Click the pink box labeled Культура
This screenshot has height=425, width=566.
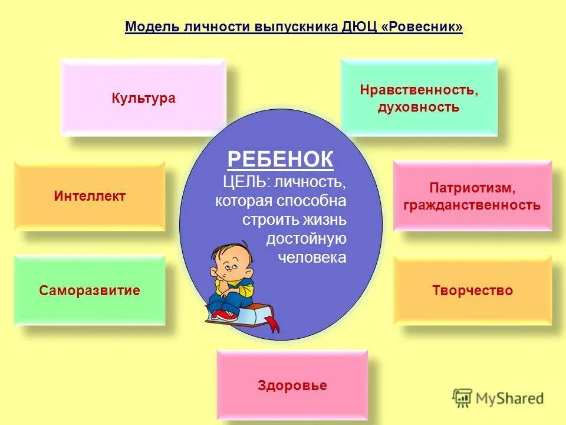(143, 97)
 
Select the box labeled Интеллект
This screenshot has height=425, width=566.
(90, 196)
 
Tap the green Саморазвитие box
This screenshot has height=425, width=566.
(90, 290)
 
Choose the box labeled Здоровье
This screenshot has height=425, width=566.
(292, 385)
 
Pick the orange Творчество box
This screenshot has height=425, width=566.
(472, 290)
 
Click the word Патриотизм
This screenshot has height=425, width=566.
(472, 188)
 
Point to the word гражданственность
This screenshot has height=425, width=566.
(472, 205)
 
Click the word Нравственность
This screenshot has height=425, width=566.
(419, 90)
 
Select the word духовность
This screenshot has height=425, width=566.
(419, 107)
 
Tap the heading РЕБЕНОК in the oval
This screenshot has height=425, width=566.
(280, 159)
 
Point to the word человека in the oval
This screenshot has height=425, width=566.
(312, 258)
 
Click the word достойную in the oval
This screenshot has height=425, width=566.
(306, 239)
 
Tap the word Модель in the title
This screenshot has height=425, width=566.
(148, 28)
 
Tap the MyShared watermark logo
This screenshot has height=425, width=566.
(498, 398)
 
